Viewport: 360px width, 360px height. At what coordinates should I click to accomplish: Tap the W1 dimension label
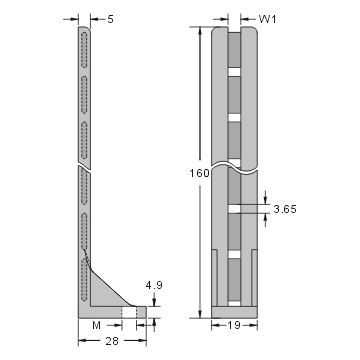267,18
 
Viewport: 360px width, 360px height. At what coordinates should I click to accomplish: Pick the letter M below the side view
97,325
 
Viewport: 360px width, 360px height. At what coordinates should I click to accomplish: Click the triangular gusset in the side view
106,291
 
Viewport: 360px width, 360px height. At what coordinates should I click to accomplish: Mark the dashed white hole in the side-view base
129,313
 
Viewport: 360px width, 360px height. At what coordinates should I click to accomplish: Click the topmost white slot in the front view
235,71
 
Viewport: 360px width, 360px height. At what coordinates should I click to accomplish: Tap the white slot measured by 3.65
235,207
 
